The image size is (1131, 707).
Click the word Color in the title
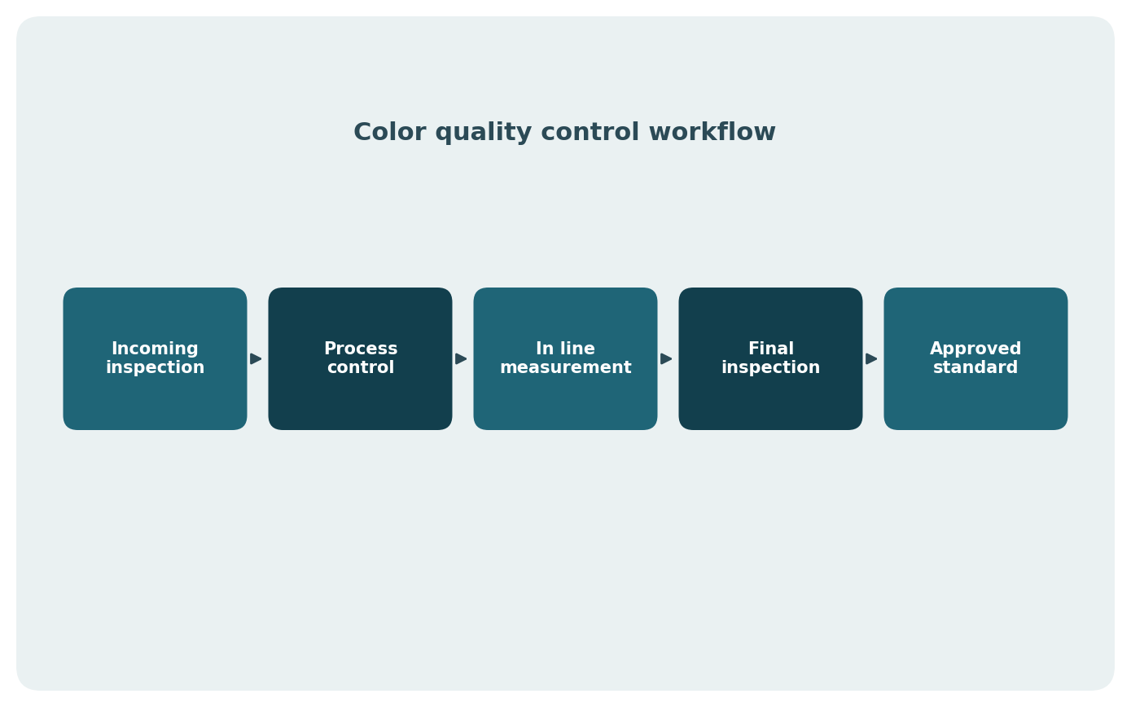point(389,132)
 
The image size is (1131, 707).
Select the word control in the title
point(590,132)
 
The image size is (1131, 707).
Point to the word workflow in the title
point(712,132)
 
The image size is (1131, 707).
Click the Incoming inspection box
point(155,358)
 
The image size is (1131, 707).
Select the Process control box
point(360,358)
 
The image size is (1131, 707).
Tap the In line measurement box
point(565,358)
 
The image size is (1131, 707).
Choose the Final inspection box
point(770,358)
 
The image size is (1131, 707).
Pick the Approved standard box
point(975,358)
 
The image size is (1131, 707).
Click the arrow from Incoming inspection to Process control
point(256,358)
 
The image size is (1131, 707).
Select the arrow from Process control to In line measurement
point(461,358)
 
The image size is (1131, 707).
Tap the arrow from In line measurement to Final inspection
point(666,358)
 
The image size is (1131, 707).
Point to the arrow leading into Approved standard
point(871,358)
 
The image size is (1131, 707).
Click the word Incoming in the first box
point(155,349)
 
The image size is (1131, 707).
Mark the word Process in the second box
point(361,349)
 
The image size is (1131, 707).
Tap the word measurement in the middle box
point(565,367)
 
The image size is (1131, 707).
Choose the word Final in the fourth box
point(771,349)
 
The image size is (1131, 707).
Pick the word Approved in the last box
point(975,349)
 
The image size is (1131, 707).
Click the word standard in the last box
point(975,367)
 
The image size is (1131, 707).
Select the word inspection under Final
point(770,368)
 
